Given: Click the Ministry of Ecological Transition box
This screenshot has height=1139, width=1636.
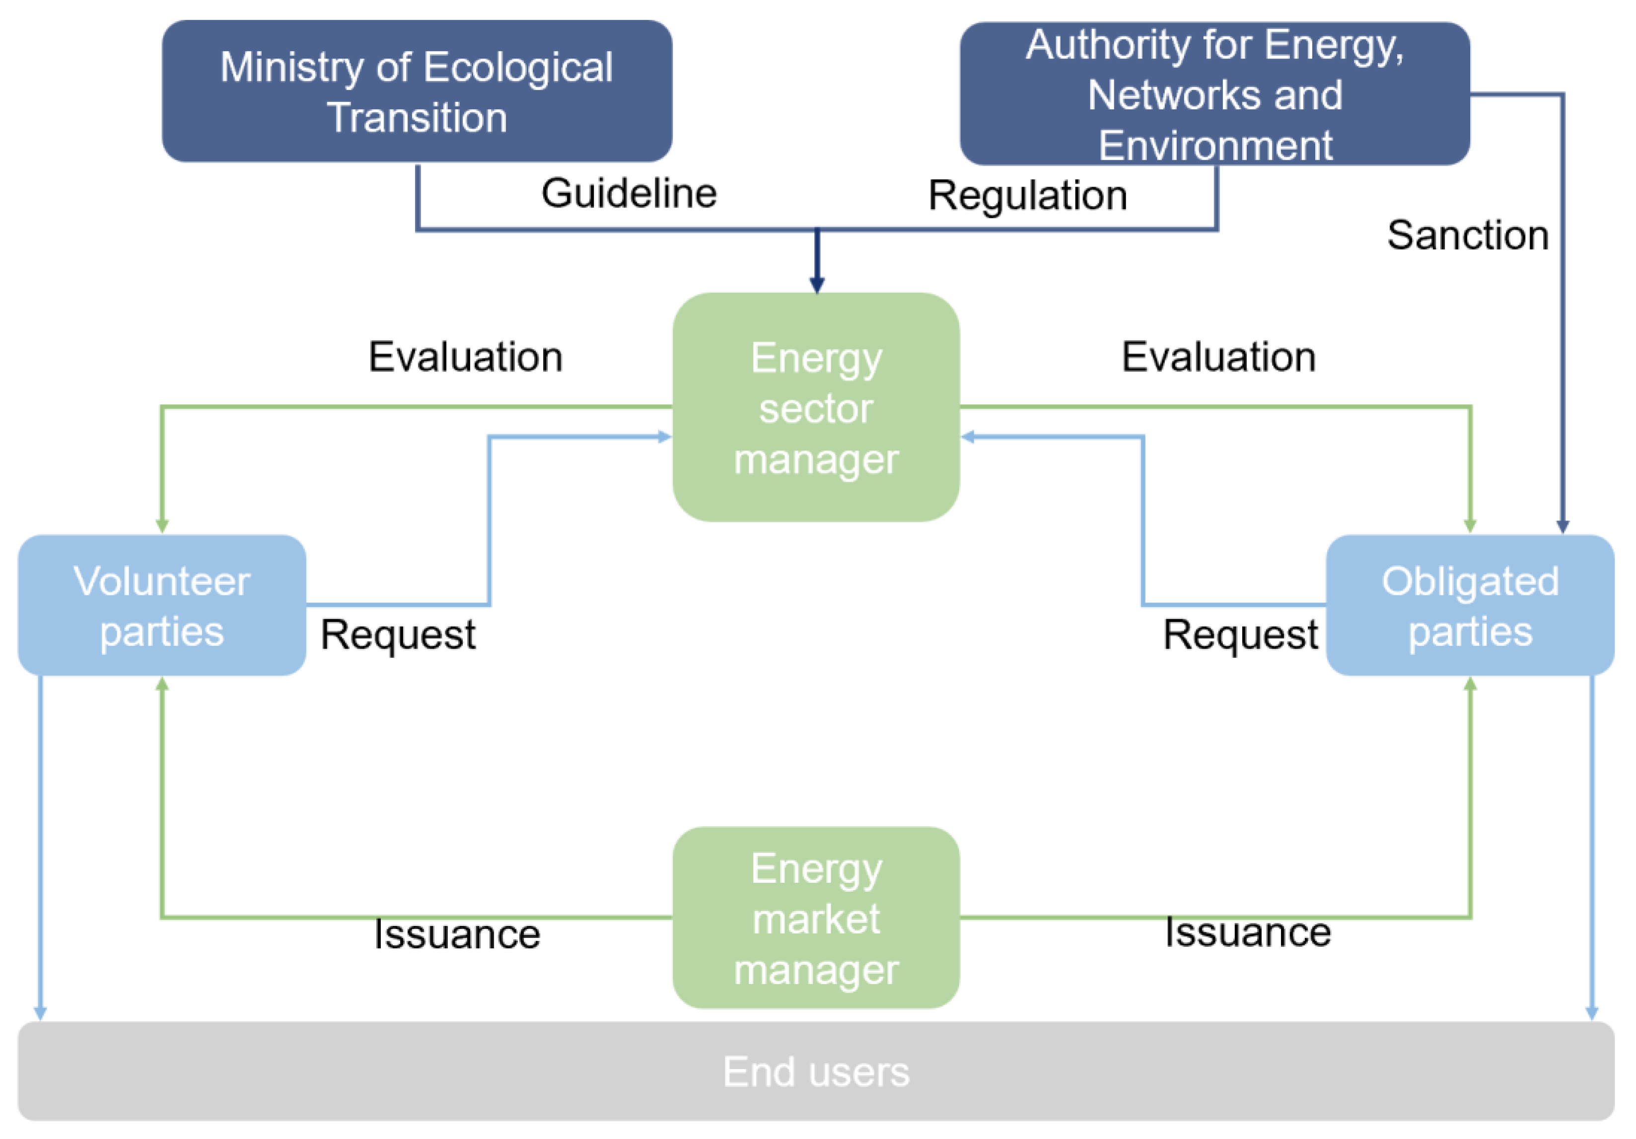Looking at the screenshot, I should click(x=417, y=91).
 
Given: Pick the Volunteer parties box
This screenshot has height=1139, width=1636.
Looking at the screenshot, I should click(x=162, y=606).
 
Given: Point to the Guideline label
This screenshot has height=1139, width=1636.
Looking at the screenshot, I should click(x=629, y=193).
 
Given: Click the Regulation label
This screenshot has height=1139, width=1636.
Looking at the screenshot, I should click(x=1027, y=195).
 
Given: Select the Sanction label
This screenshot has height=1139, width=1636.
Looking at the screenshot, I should click(x=1467, y=235).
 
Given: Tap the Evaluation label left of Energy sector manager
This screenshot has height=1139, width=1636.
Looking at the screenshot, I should click(x=465, y=356).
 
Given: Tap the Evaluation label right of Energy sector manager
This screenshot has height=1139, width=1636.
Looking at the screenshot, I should click(x=1218, y=356).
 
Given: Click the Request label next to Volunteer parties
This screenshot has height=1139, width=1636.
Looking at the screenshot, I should click(x=398, y=635).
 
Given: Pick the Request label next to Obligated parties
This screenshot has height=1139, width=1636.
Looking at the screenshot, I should click(x=1240, y=635).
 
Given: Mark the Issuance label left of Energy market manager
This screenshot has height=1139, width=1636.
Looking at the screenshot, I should click(x=457, y=934).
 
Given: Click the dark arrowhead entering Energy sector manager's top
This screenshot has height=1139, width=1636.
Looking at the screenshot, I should click(x=817, y=285).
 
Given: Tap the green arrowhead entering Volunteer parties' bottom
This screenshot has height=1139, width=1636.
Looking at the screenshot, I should click(x=162, y=684).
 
